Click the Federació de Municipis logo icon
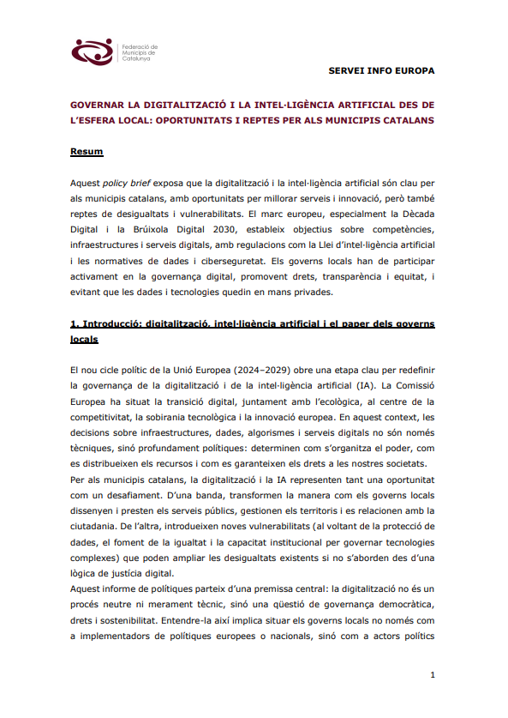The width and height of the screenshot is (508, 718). tap(92, 51)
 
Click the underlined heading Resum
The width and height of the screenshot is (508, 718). tap(87, 152)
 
